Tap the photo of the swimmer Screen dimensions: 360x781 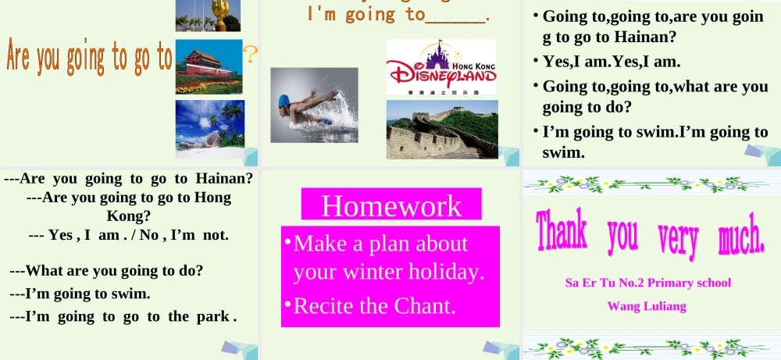coord(314,105)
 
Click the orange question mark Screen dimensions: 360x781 coord(251,54)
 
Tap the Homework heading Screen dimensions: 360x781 coord(391,205)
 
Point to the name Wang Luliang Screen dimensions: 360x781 coord(647,306)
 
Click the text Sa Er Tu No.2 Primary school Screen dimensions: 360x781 coord(647,283)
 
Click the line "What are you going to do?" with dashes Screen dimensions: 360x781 coord(106,272)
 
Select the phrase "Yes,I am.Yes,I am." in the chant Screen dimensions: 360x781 coord(612,62)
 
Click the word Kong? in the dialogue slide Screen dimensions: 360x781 coord(128,215)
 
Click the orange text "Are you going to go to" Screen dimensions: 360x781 coord(88,57)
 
